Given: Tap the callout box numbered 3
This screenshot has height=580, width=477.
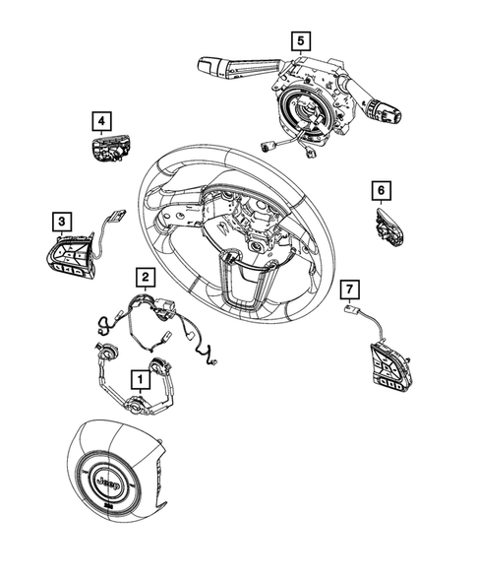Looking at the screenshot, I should pos(61,223).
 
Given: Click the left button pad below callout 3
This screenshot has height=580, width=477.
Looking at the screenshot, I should pos(70,257).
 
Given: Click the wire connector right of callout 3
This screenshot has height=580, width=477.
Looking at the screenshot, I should pos(115,218).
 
